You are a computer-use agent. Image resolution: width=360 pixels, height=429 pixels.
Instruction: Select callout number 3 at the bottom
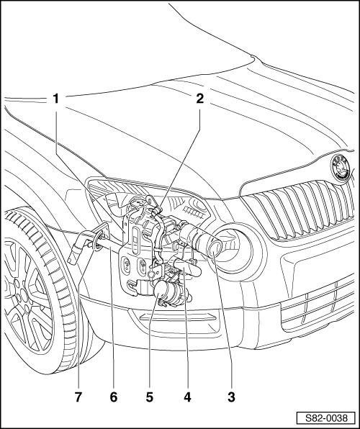tap(230, 395)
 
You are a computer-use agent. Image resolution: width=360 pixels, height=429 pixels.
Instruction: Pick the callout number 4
tap(189, 395)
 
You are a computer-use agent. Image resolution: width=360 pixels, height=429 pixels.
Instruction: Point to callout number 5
tap(150, 395)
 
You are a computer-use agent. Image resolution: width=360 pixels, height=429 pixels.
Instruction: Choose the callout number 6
tap(112, 395)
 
